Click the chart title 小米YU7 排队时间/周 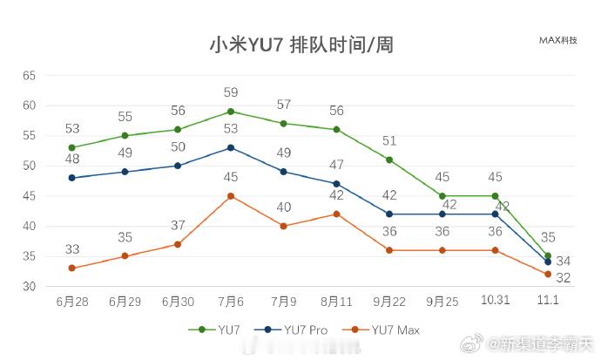[x=300, y=44]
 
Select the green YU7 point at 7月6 [x=230, y=112]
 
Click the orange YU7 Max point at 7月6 [x=230, y=196]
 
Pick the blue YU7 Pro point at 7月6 [x=230, y=147]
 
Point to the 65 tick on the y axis [x=29, y=76]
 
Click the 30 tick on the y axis [x=29, y=287]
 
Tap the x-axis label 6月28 [x=71, y=301]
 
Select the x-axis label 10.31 [x=495, y=301]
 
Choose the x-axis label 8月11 [x=336, y=301]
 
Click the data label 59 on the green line [x=231, y=92]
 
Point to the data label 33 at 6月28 [x=72, y=249]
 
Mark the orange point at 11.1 [x=548, y=275]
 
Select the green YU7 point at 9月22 [x=389, y=160]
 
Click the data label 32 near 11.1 [x=564, y=278]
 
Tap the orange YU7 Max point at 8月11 [x=336, y=214]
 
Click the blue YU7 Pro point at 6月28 [x=71, y=178]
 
